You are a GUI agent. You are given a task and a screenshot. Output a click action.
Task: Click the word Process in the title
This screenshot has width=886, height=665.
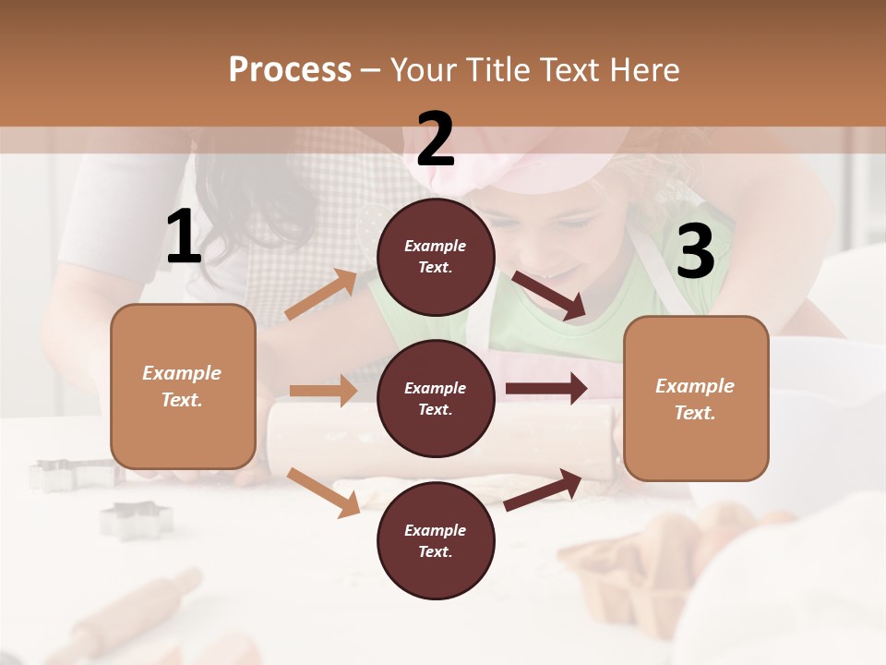[290, 69]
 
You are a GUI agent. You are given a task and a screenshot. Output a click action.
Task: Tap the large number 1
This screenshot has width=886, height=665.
[184, 237]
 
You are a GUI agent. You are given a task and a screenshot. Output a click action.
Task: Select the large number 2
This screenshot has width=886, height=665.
[436, 139]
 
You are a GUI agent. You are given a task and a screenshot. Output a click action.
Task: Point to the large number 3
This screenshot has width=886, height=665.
[695, 252]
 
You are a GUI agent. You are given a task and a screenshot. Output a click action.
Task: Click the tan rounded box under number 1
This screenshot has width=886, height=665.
[183, 386]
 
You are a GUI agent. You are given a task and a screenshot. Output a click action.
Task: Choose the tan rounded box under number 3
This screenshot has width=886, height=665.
[696, 398]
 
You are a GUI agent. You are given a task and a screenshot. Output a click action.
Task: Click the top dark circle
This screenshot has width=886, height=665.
[436, 257]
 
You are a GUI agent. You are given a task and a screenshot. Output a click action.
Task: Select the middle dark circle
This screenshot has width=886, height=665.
[436, 398]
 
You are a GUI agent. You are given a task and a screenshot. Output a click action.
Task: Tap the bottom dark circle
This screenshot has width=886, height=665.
[436, 540]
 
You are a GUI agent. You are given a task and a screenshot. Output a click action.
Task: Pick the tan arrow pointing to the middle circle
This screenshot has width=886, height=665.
[323, 391]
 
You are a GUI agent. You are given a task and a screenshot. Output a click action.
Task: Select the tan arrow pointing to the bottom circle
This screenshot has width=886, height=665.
[323, 491]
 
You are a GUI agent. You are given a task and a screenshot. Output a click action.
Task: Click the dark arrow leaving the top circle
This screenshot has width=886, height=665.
[549, 296]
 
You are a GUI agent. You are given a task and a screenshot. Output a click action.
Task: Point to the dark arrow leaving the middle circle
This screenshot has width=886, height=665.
[546, 389]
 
